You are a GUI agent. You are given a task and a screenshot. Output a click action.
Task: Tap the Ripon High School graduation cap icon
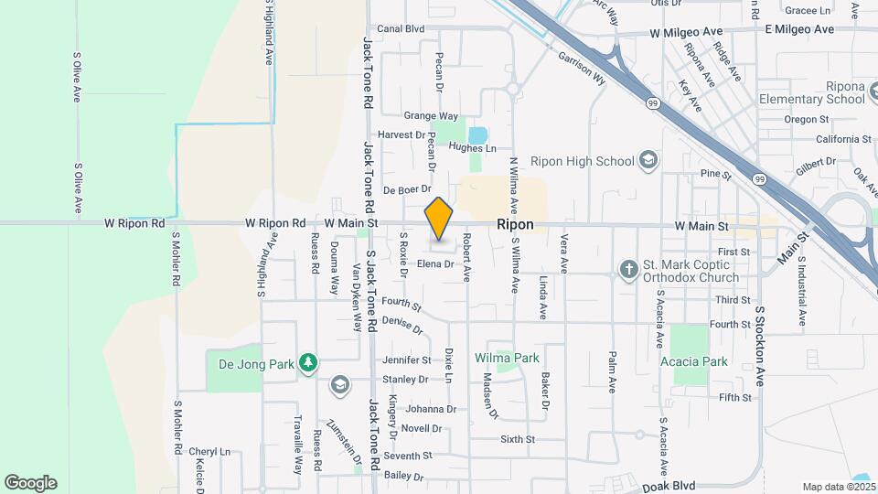(648, 161)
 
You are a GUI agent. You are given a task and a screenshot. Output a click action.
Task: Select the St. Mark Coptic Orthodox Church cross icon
(628, 270)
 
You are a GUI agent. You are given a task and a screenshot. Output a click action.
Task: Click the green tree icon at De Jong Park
(309, 363)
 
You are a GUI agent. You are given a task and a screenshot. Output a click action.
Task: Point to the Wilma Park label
(507, 358)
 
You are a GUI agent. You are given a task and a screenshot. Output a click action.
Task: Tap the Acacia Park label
(694, 361)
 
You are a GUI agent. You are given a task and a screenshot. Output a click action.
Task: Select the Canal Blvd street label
(402, 29)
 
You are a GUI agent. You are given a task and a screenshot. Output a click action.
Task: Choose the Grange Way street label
(431, 116)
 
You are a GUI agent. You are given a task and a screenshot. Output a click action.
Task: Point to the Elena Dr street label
(435, 264)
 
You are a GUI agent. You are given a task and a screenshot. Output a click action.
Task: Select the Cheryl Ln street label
(209, 452)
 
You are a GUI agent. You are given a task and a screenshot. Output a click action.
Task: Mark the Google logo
(30, 483)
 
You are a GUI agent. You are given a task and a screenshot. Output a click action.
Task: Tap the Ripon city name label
(516, 225)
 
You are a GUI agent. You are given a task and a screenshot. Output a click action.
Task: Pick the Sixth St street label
(518, 440)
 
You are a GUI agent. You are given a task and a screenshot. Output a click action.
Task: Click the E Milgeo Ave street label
(799, 29)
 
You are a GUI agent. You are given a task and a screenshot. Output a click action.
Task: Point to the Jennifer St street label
(407, 360)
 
